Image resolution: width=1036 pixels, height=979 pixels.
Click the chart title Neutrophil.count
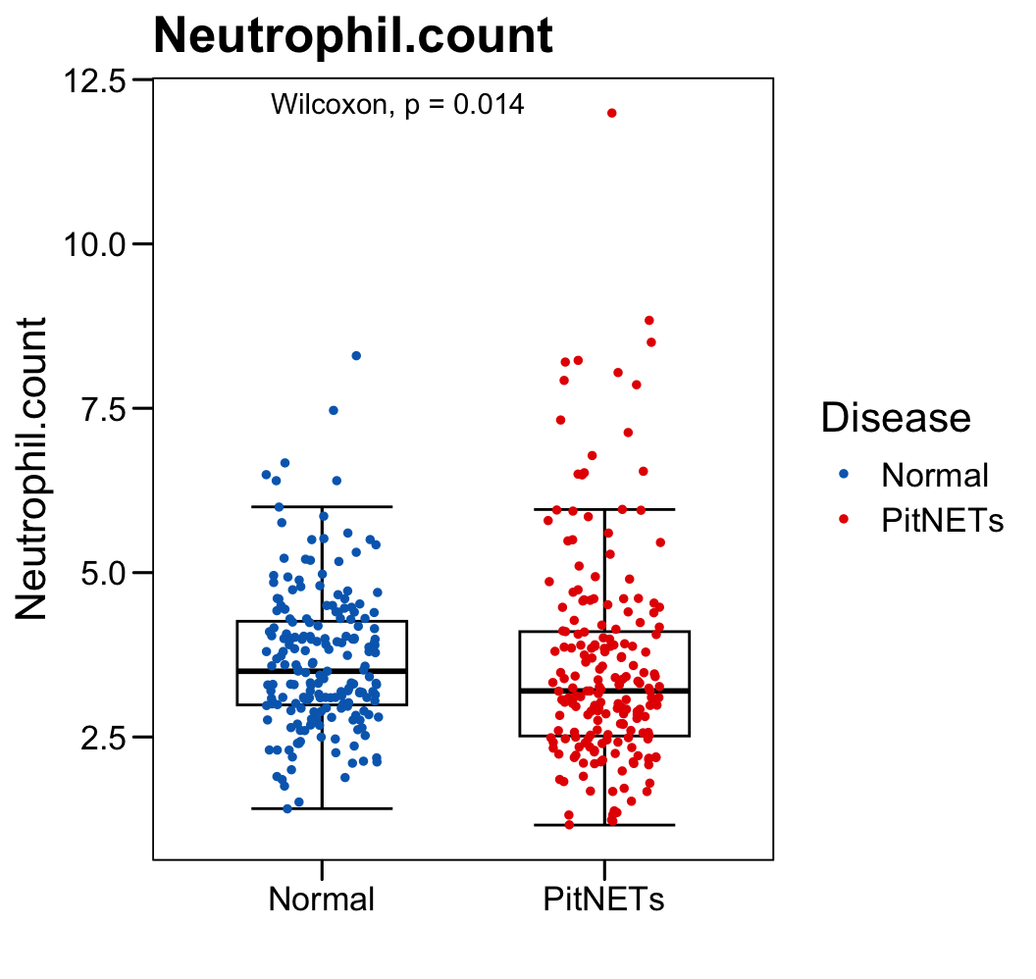[x=353, y=37]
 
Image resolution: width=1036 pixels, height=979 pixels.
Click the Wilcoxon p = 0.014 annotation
[x=397, y=104]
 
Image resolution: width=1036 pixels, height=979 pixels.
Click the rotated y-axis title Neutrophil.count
[x=32, y=468]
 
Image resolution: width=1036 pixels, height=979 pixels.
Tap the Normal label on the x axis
[x=322, y=900]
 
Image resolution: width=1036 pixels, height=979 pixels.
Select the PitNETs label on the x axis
[x=604, y=900]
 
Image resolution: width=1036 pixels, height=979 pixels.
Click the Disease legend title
[x=896, y=418]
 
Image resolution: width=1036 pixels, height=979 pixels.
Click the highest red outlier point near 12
[x=612, y=113]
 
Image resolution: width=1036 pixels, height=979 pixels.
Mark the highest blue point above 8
[x=356, y=355]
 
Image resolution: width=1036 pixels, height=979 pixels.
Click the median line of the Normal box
[x=322, y=671]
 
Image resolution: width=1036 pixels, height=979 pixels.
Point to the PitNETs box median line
[x=604, y=691]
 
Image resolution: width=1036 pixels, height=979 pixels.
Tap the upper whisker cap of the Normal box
[x=322, y=506]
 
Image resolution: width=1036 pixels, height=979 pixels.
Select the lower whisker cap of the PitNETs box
[x=604, y=825]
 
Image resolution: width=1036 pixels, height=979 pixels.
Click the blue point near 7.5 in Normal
[x=334, y=410]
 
